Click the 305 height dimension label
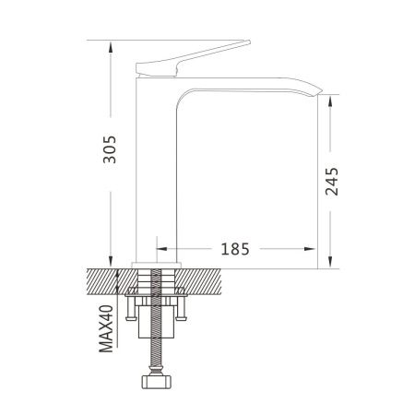[x=110, y=149]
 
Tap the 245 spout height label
[x=332, y=182]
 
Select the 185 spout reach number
[x=235, y=249]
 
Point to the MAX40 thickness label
[x=106, y=328]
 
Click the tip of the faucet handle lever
[x=249, y=41]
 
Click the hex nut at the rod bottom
[x=157, y=382]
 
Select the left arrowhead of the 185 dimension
[x=161, y=249]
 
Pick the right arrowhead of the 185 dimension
[x=310, y=249]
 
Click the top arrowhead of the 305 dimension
[x=111, y=48]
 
